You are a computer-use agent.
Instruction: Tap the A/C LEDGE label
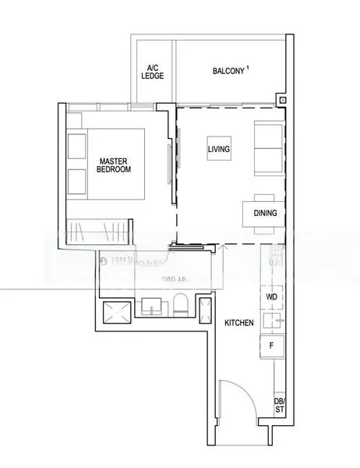[x=150, y=72]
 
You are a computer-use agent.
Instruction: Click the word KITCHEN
[x=238, y=321]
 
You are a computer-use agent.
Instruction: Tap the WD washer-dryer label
[x=272, y=297]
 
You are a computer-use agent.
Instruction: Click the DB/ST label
[x=279, y=406]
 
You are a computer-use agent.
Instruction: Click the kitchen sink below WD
[x=272, y=320]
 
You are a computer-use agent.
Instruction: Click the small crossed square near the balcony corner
[x=281, y=99]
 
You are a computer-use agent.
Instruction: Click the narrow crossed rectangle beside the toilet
[x=206, y=309]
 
